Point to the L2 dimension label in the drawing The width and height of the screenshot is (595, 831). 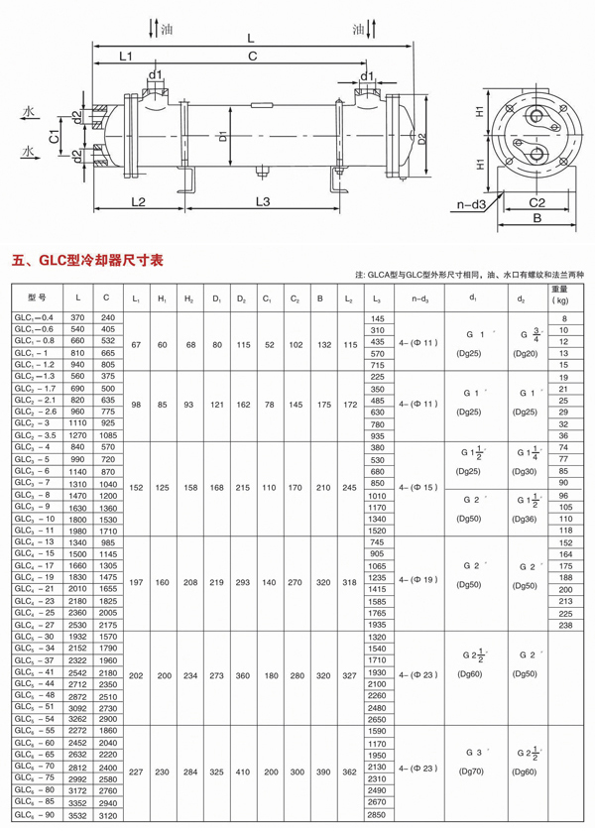coord(138,202)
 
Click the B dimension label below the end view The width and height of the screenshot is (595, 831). coord(535,215)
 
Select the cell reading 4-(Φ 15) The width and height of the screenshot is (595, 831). coord(416,488)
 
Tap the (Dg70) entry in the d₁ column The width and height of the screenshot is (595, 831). coord(472,769)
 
